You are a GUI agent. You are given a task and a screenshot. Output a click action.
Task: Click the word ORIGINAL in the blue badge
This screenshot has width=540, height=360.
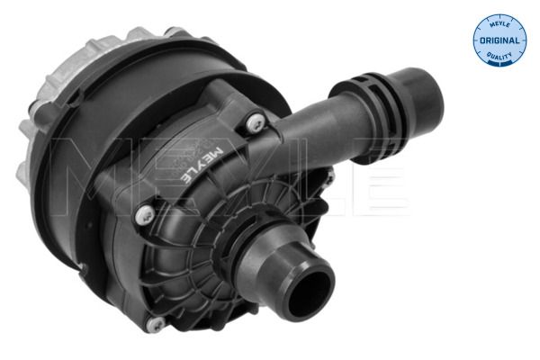click(499, 40)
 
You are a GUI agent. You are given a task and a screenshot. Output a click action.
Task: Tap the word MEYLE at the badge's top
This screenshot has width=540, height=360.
click(499, 23)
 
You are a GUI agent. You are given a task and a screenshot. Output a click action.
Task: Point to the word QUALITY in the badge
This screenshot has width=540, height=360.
click(499, 56)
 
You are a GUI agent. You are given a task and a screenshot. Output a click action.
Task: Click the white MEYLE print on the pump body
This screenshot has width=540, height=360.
click(202, 165)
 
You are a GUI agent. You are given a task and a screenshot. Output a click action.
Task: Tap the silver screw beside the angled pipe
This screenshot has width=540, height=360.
click(256, 123)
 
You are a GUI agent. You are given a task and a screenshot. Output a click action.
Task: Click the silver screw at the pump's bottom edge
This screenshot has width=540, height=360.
click(155, 324)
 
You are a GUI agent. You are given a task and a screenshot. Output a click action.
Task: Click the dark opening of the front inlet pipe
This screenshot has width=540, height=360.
click(310, 291)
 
